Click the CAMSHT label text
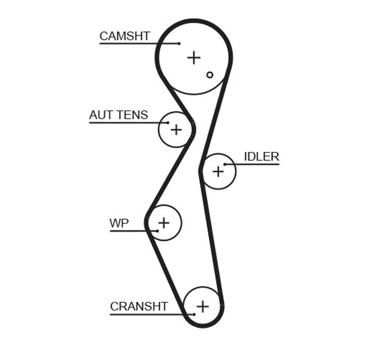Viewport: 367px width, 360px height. [x=124, y=36]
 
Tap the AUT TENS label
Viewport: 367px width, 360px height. [x=119, y=115]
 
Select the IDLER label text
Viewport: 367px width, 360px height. [x=261, y=156]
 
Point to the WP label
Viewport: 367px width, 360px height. [x=119, y=223]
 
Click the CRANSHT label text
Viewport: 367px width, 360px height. [x=139, y=306]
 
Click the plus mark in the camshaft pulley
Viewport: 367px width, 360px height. [x=194, y=57]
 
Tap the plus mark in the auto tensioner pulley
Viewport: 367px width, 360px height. [x=176, y=130]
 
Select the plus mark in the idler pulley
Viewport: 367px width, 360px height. [x=218, y=172]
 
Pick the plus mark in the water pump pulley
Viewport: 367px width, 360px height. [x=164, y=222]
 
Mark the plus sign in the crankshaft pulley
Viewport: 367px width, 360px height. [x=202, y=306]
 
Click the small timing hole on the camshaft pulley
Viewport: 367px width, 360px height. [x=210, y=75]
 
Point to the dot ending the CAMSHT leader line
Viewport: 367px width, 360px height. [x=179, y=43]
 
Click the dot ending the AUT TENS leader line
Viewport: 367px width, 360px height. [x=168, y=123]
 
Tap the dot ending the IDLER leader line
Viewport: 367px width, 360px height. [x=225, y=164]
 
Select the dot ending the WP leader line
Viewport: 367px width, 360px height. [x=157, y=230]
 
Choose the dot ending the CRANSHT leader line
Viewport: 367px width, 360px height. [x=194, y=314]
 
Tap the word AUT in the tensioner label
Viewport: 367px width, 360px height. [x=100, y=115]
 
